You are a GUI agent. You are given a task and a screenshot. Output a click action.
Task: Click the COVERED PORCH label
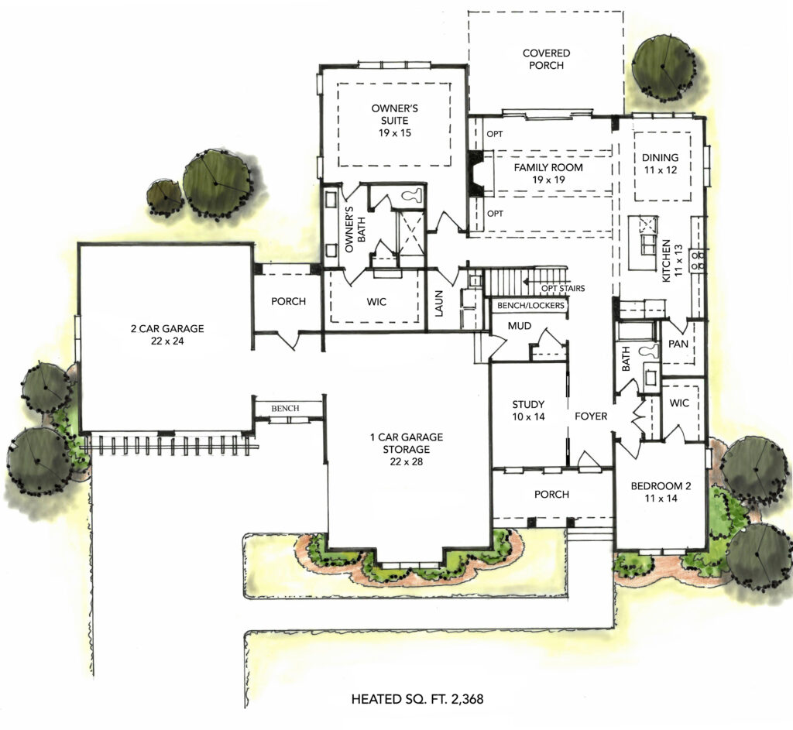pyautogui.click(x=546, y=60)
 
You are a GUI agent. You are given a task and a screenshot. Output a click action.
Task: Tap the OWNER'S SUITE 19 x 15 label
pyautogui.click(x=390, y=121)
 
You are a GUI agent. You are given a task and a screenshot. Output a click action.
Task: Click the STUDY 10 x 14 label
pyautogui.click(x=529, y=410)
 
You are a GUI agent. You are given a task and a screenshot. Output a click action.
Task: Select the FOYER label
pyautogui.click(x=591, y=416)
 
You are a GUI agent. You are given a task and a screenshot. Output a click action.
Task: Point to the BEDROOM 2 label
pyautogui.click(x=660, y=492)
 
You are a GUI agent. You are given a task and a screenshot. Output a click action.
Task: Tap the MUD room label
pyautogui.click(x=519, y=326)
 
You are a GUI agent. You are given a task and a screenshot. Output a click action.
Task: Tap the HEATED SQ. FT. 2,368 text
pyautogui.click(x=418, y=700)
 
